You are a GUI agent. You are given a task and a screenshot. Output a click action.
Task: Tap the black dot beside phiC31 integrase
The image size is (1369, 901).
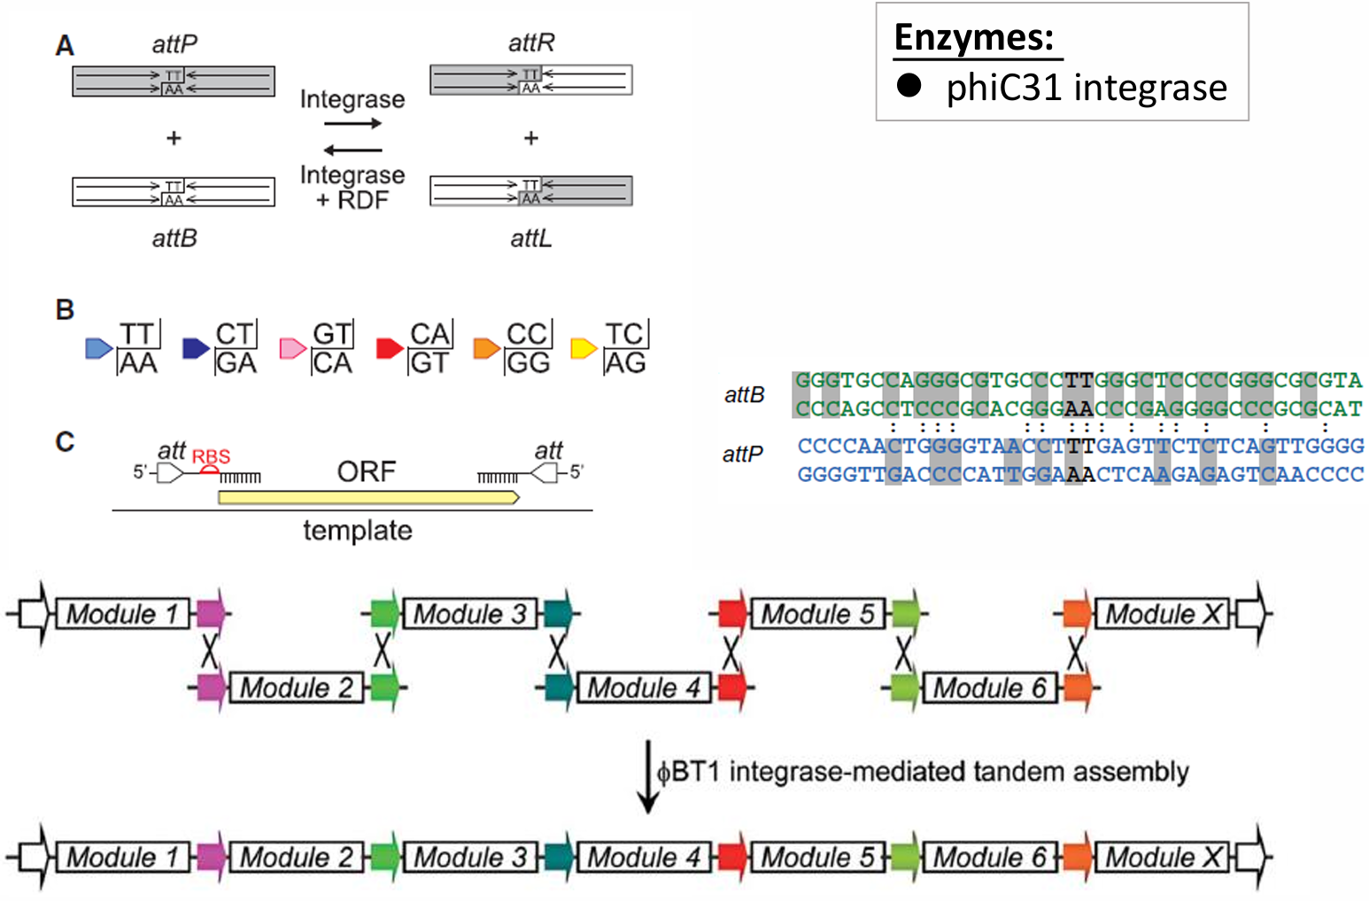click(909, 85)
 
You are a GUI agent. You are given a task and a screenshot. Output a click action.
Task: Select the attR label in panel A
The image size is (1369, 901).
click(531, 43)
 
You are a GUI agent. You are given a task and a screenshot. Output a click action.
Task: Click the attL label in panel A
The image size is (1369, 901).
click(531, 238)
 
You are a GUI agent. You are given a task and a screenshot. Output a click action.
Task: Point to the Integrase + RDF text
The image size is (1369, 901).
click(352, 187)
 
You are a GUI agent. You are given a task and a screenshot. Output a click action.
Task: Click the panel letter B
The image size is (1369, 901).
click(65, 310)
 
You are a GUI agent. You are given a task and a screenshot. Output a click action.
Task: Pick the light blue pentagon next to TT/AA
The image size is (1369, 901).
click(98, 348)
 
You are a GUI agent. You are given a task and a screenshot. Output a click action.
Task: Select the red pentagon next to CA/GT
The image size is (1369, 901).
click(389, 348)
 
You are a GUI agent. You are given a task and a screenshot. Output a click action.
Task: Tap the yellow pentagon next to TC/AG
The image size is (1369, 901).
click(583, 348)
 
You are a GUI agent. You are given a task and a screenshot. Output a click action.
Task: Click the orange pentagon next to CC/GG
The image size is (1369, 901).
click(486, 348)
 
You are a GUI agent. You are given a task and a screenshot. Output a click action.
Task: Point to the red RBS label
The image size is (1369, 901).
click(211, 457)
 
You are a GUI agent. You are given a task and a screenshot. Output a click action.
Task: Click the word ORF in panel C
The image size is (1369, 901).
click(366, 471)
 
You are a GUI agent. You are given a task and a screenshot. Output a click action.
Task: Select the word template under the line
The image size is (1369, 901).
click(358, 531)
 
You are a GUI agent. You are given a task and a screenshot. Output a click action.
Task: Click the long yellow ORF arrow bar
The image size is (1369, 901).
click(367, 497)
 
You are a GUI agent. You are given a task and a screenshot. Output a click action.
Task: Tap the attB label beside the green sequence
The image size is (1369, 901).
click(744, 395)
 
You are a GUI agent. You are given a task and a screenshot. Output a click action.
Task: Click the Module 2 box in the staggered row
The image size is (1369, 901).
click(296, 687)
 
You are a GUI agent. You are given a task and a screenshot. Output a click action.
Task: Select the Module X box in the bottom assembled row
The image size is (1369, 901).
click(1162, 858)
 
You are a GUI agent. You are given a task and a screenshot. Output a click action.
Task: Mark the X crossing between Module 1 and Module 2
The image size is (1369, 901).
click(209, 651)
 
